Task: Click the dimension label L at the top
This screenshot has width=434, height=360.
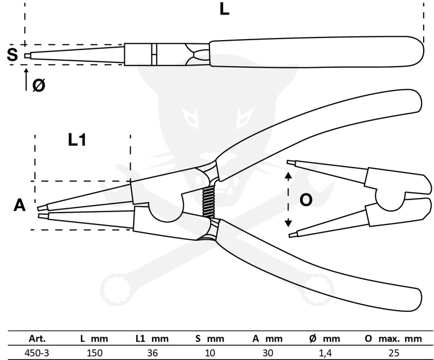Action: tap(224, 10)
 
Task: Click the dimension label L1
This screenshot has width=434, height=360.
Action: tap(77, 140)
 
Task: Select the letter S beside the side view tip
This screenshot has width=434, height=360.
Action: tap(12, 54)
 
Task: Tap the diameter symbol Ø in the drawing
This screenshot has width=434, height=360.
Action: tap(39, 85)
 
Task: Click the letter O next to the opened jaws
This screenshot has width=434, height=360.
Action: tap(306, 200)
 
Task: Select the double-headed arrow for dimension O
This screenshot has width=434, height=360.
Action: tap(289, 200)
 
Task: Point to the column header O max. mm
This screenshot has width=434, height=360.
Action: tap(393, 339)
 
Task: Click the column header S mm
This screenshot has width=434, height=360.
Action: tap(209, 339)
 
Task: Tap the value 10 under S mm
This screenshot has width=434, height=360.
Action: tap(209, 352)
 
